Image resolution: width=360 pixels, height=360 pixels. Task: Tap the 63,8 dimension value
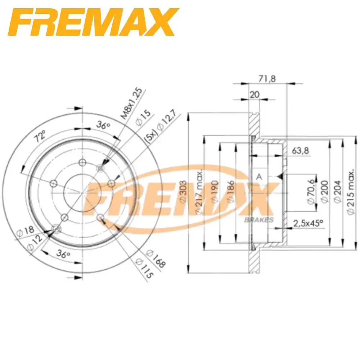pos(300,150)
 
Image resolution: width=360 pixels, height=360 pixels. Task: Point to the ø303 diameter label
pos(182,191)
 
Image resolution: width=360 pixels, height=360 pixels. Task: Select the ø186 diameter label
pos(230,191)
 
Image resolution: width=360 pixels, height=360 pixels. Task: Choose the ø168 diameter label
pos(156,259)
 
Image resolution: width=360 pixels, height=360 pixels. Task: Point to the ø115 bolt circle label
pos(144,269)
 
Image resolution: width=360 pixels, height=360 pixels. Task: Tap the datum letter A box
pos(258,176)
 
